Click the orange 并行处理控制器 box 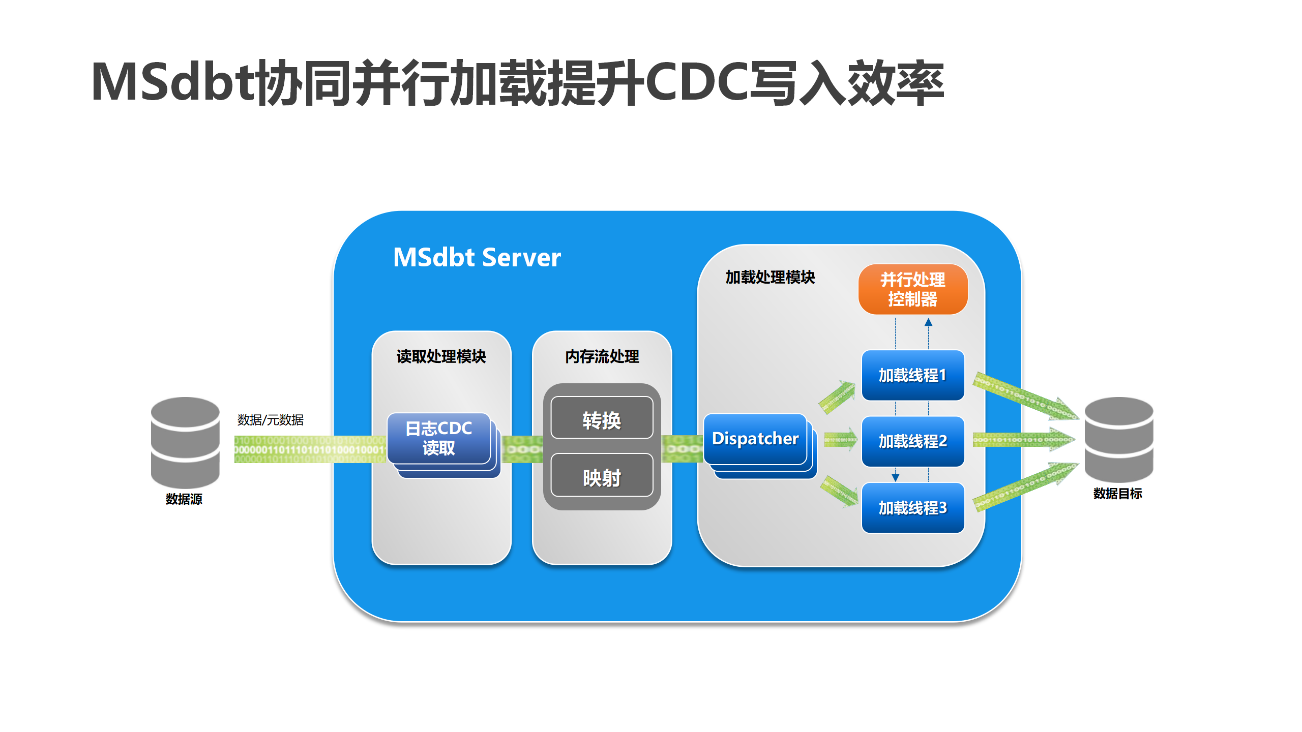[912, 289]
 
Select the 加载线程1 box [912, 375]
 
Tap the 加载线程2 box [912, 441]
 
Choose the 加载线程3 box [912, 507]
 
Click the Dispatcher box [755, 439]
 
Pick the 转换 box [602, 420]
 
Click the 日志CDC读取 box [438, 438]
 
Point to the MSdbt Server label [477, 257]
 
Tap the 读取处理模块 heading [441, 356]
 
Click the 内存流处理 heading [602, 356]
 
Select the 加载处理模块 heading [770, 277]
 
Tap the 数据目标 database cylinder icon [1118, 439]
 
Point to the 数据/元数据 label [270, 420]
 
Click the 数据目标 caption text [1117, 494]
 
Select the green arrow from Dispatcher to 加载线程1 [837, 396]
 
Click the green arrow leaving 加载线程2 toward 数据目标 [1022, 440]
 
